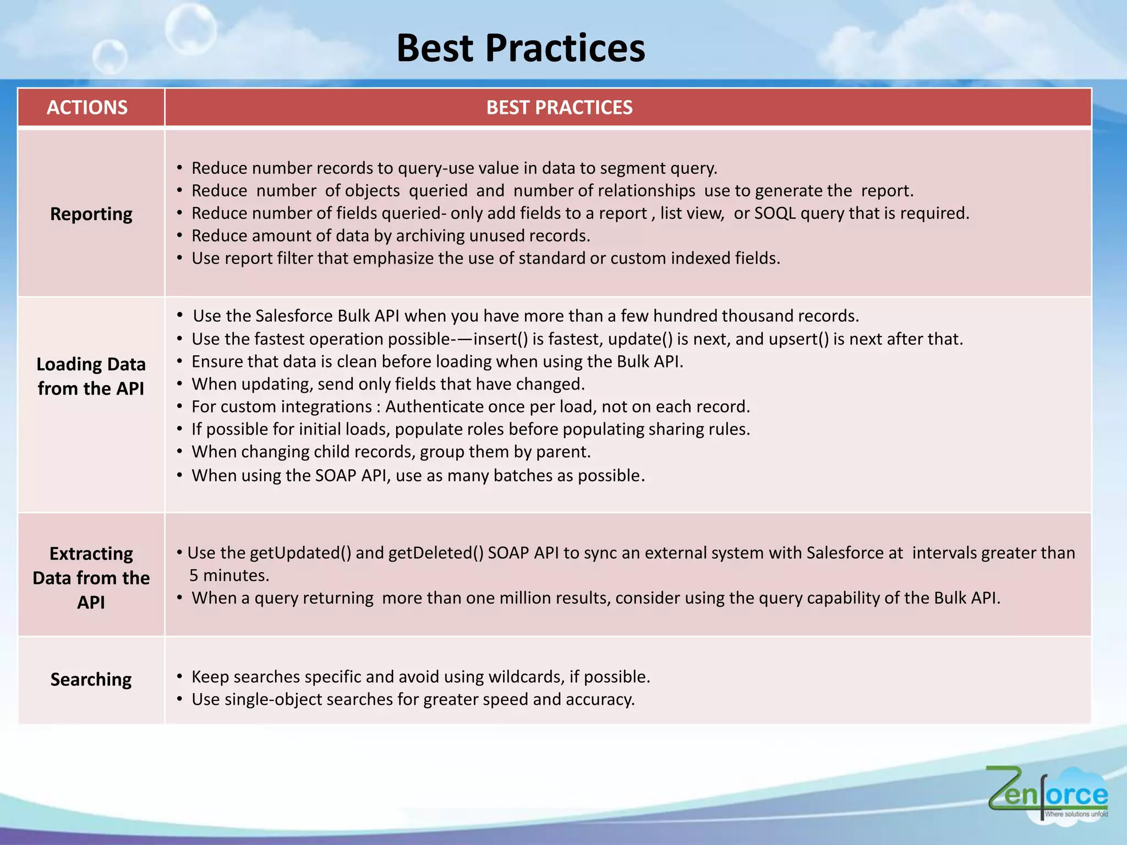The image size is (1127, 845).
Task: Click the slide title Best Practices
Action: (520, 48)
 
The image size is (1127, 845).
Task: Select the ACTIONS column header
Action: (87, 107)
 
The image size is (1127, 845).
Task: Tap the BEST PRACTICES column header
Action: (559, 107)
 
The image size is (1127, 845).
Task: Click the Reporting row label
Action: (91, 214)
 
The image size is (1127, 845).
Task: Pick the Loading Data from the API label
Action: (91, 376)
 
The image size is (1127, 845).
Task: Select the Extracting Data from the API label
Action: (91, 578)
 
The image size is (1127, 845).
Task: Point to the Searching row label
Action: (91, 679)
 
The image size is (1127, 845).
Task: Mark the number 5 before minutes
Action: (194, 575)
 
